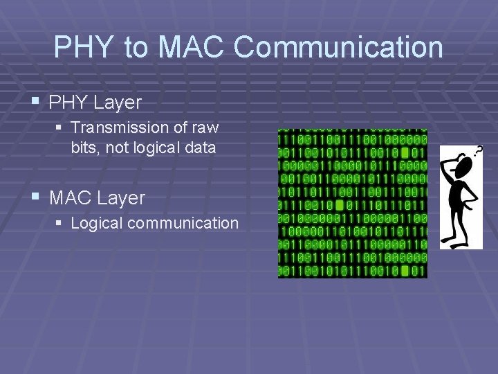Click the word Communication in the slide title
tap(338, 48)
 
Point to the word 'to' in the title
tap(136, 48)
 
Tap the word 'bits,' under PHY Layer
tap(84, 148)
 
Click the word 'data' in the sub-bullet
tap(201, 148)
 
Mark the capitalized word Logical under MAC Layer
tap(93, 224)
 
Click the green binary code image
tap(352, 203)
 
